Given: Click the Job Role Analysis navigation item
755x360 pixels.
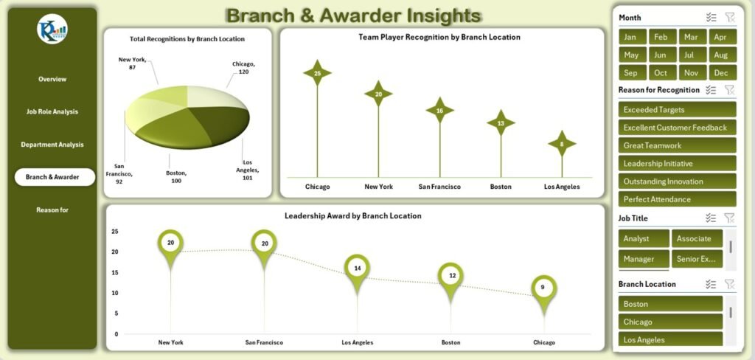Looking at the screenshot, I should point(52,112).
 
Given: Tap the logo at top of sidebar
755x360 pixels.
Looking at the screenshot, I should point(52,29).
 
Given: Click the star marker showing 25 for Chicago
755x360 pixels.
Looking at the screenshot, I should point(317,73).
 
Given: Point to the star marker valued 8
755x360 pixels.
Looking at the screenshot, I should point(562,145).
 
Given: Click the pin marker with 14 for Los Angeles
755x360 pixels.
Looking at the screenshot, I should point(357,269).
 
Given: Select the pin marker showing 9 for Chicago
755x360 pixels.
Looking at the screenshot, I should point(543,288).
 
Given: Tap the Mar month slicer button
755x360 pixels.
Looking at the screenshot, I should point(691,37).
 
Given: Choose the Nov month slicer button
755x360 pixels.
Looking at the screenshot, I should point(691,72).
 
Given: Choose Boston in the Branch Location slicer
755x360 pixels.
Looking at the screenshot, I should point(670,304).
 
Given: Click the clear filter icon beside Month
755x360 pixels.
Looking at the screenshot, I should point(729,17).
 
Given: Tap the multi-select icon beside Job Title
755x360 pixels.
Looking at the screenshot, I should point(711,218).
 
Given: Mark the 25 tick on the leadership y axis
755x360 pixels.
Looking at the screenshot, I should point(114,231).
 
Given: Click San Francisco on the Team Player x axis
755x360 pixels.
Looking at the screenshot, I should point(439,187).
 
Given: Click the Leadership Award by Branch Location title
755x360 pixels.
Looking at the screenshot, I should point(352,216).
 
